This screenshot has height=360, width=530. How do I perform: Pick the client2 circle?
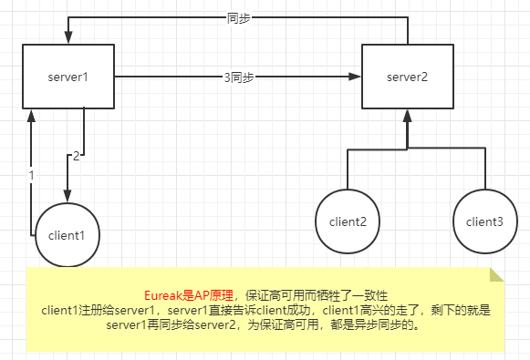click(348, 221)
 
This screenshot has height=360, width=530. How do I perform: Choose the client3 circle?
click(485, 221)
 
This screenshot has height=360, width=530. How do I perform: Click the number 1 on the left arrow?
click(30, 174)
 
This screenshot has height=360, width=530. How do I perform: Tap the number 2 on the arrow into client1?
click(77, 157)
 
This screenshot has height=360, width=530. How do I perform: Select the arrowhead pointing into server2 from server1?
click(357, 78)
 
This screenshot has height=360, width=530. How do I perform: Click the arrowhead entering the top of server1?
click(67, 38)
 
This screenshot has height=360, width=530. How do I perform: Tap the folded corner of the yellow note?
click(496, 275)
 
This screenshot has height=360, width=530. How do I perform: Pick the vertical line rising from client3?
click(485, 169)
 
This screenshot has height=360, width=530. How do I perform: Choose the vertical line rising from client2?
click(348, 169)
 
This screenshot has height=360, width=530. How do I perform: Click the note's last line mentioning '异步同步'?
click(264, 324)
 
